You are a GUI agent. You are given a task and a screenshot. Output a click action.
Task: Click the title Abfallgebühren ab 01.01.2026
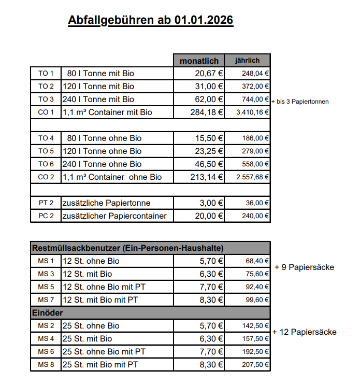click(x=150, y=20)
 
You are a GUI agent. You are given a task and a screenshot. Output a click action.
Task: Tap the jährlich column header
click(x=247, y=61)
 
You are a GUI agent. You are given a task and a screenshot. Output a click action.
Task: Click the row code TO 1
click(x=46, y=74)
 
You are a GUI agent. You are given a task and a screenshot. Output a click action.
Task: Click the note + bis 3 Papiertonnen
click(x=299, y=102)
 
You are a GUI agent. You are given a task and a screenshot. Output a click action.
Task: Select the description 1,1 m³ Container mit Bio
click(x=107, y=112)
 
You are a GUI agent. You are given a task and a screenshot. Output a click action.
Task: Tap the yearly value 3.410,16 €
click(x=253, y=112)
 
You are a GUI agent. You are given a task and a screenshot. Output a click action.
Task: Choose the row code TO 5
click(x=46, y=151)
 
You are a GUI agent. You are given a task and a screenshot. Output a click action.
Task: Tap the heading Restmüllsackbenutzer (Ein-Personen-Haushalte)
click(x=128, y=248)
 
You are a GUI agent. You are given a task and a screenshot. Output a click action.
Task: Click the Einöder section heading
click(x=48, y=313)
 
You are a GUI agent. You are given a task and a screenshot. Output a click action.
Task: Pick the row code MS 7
click(x=46, y=300)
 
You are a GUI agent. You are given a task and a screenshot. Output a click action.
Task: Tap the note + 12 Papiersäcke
click(x=304, y=332)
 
